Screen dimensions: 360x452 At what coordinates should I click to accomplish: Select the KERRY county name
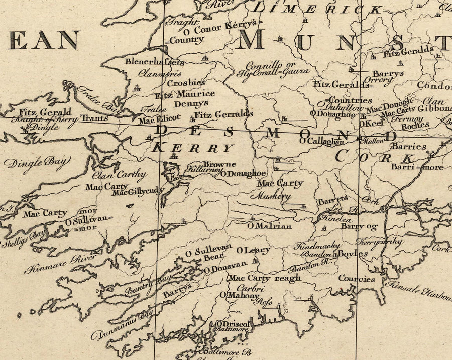tap(193, 148)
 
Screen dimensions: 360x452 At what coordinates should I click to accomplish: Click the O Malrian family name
tap(269, 226)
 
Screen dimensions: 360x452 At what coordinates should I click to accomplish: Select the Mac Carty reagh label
tap(265, 278)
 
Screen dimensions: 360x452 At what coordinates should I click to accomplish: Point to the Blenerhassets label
tap(154, 63)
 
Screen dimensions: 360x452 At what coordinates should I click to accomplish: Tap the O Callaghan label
tap(321, 141)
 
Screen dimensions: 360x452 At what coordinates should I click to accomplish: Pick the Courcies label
tap(357, 279)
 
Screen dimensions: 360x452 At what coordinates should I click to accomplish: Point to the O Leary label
tap(253, 250)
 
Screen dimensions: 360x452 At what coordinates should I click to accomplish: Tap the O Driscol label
tap(232, 324)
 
